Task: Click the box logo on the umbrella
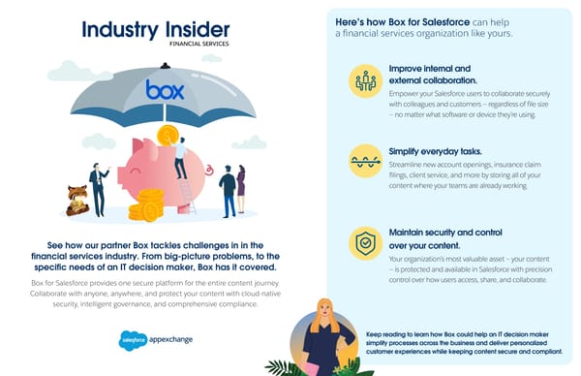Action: tap(165, 90)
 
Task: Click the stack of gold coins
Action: tap(147, 204)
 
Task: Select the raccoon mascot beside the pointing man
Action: tap(76, 199)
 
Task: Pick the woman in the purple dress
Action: tap(241, 189)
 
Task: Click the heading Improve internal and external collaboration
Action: tap(430, 75)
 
